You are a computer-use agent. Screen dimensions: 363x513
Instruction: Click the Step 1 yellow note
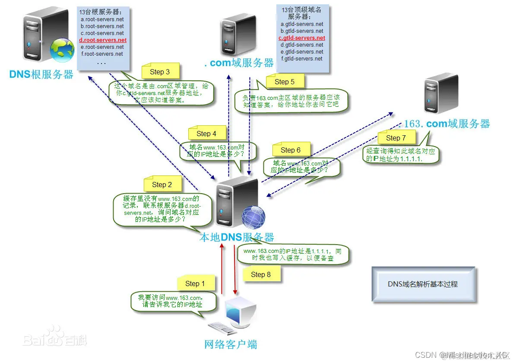[192, 283]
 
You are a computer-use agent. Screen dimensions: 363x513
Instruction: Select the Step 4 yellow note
[206, 134]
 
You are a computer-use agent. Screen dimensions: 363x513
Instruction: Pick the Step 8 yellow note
[260, 274]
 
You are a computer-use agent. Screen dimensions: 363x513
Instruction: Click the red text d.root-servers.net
[103, 40]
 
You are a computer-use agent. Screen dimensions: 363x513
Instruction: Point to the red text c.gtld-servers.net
[302, 38]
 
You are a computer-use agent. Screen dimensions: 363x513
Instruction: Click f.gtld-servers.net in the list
[302, 59]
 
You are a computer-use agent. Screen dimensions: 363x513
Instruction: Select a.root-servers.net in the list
[102, 19]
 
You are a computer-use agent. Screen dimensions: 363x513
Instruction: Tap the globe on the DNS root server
[62, 50]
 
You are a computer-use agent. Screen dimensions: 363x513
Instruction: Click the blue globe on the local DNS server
[253, 217]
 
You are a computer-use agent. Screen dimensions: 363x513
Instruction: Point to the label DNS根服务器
[41, 74]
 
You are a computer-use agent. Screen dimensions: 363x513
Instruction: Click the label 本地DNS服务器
[236, 237]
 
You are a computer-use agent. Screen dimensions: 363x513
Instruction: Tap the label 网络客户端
[231, 344]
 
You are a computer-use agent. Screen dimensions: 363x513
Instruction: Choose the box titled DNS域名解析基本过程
[423, 284]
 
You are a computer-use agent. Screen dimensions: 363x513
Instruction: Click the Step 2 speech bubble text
[156, 209]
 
